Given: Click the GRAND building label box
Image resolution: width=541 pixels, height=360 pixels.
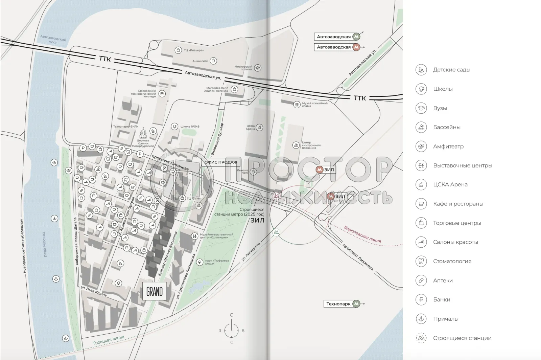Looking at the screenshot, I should click(x=155, y=291).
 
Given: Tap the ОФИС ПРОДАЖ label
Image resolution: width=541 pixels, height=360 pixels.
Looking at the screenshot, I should click(x=221, y=162).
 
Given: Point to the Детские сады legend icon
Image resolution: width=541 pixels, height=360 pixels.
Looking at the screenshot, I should click(x=421, y=70).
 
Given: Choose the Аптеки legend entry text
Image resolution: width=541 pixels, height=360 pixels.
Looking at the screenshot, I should click(x=443, y=280).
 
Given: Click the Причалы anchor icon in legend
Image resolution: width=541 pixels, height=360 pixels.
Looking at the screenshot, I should click(x=421, y=319).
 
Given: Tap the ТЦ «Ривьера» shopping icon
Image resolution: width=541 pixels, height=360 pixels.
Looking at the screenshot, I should click(x=178, y=50).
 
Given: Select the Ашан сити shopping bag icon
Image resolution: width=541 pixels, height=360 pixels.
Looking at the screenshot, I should click(x=213, y=61).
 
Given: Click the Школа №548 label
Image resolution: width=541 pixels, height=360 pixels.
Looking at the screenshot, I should click(x=190, y=127).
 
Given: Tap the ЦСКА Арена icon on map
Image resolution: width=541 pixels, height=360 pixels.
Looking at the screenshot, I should click(x=259, y=128).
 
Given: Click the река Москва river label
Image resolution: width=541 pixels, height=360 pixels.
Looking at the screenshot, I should click(x=44, y=244).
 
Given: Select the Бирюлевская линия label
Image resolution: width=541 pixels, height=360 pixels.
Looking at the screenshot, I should click(x=362, y=234).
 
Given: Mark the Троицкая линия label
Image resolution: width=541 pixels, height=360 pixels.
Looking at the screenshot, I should click(x=108, y=340).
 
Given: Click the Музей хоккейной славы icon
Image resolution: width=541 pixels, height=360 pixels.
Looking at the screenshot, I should click(x=297, y=105).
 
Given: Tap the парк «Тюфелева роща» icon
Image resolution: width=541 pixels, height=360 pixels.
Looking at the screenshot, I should click(x=200, y=262).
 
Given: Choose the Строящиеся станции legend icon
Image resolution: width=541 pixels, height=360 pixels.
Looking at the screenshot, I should click(x=421, y=338).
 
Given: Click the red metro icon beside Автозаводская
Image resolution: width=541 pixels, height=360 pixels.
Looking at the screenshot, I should click(x=356, y=47).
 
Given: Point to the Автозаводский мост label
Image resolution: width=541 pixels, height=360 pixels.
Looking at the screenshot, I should click(x=53, y=39).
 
